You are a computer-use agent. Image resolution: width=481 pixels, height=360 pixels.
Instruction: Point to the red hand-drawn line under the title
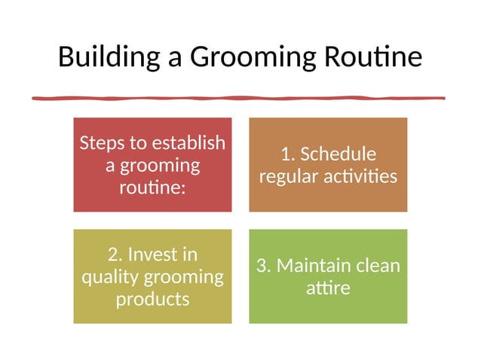click(238, 98)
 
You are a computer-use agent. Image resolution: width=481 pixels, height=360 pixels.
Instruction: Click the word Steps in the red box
click(103, 143)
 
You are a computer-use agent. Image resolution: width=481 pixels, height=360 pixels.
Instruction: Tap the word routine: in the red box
click(152, 186)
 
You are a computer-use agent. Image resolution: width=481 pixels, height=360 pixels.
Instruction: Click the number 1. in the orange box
click(287, 154)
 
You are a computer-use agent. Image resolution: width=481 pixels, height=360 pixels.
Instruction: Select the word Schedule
click(338, 154)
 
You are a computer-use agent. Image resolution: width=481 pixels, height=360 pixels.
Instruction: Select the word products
click(152, 299)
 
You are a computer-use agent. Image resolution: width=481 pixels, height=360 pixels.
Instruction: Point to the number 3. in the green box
click(264, 267)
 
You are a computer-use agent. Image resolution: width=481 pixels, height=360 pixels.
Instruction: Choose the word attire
click(328, 288)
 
